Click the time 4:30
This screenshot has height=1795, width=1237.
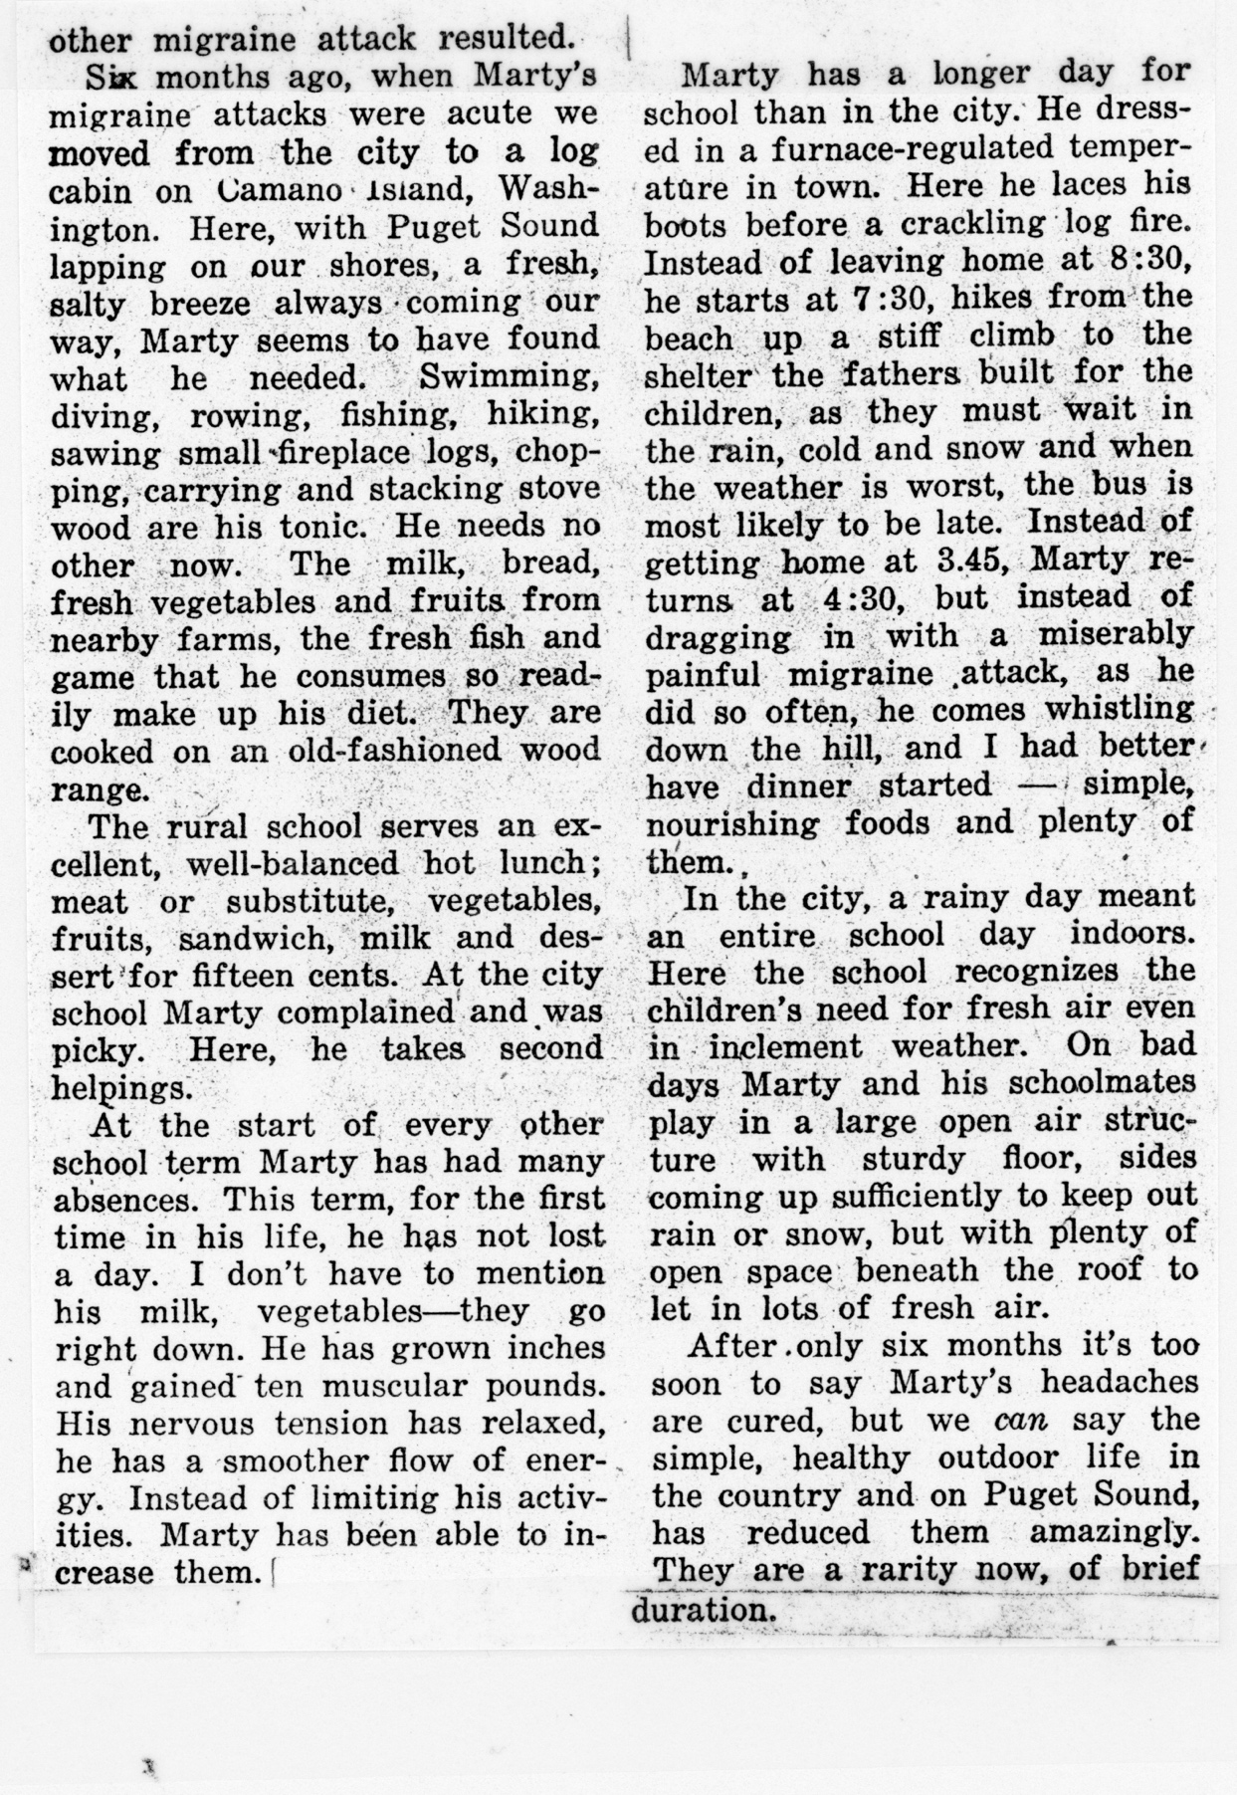[x=861, y=598]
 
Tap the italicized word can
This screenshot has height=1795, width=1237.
[x=1024, y=1421]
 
